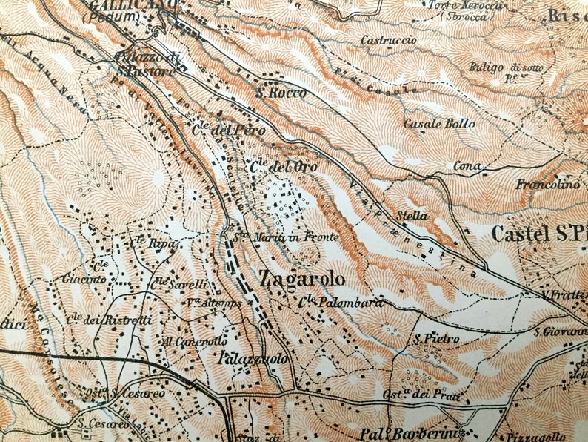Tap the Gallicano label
[x=133, y=5]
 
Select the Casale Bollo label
[x=439, y=124]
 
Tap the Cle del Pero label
[x=218, y=128]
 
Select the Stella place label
[x=412, y=216]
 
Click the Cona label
[x=467, y=165]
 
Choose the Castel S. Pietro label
[x=539, y=235]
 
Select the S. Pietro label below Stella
[x=437, y=339]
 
